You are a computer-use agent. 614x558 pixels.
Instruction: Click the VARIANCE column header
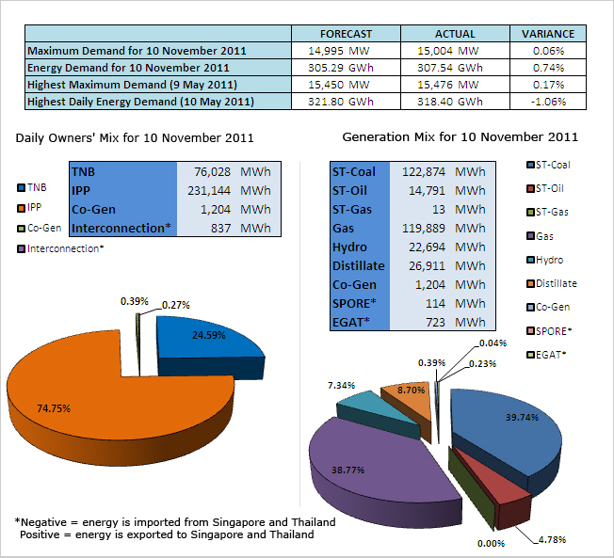547,34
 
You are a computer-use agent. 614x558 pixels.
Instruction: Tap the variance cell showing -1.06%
547,101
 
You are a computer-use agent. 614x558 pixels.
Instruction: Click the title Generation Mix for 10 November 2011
460,137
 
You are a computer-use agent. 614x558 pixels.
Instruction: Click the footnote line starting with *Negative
175,521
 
